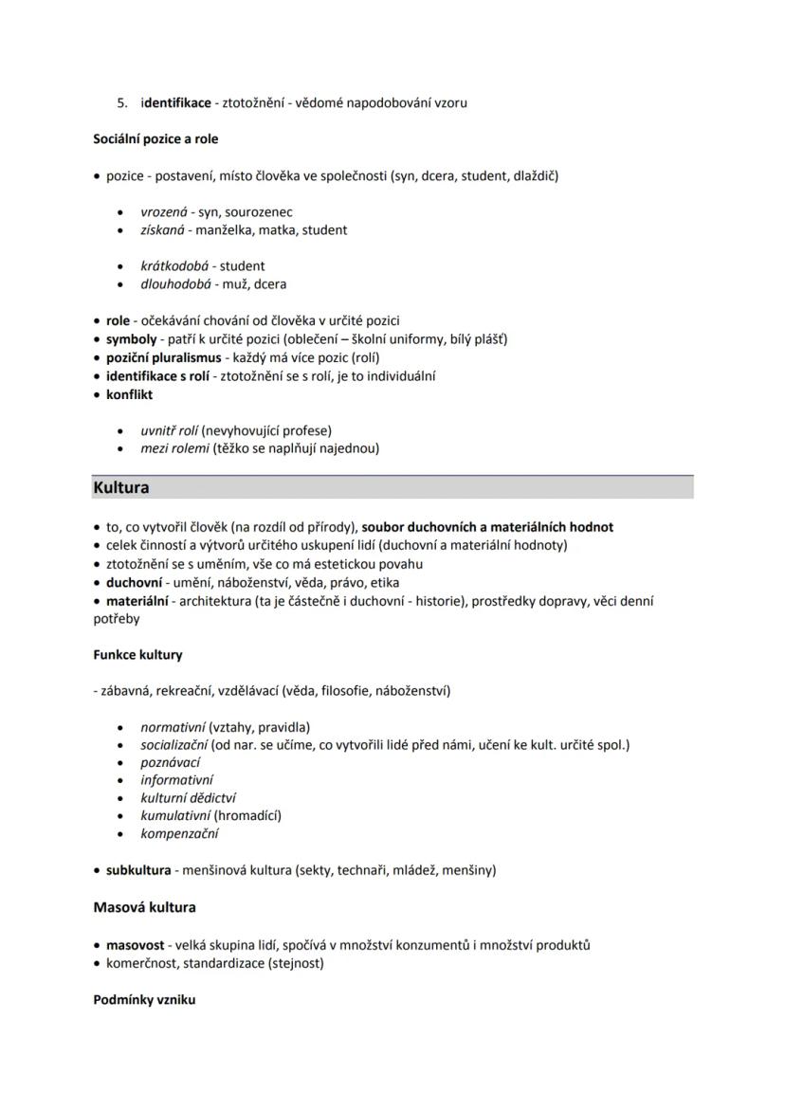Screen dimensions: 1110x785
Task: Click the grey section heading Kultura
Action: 121,488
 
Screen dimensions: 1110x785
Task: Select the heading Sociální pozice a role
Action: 155,138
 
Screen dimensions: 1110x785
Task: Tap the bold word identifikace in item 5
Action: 176,102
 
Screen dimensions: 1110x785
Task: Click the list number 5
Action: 121,102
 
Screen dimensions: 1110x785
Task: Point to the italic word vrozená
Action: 164,211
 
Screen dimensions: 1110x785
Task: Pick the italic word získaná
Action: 163,229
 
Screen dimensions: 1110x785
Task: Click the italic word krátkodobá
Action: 175,265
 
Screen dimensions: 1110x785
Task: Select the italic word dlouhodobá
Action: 175,283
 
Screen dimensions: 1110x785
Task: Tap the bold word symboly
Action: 131,338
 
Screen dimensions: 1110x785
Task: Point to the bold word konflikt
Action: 129,394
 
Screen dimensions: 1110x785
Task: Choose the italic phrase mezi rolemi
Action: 174,448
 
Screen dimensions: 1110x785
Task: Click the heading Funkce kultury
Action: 138,654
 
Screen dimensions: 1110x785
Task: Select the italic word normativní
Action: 173,727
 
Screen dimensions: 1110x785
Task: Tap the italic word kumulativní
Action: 175,815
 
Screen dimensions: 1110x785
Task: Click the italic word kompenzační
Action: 179,834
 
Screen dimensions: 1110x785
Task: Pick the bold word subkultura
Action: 138,869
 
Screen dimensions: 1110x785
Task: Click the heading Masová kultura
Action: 145,907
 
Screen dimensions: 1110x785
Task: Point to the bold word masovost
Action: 135,944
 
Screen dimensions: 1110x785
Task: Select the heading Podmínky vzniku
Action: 144,999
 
